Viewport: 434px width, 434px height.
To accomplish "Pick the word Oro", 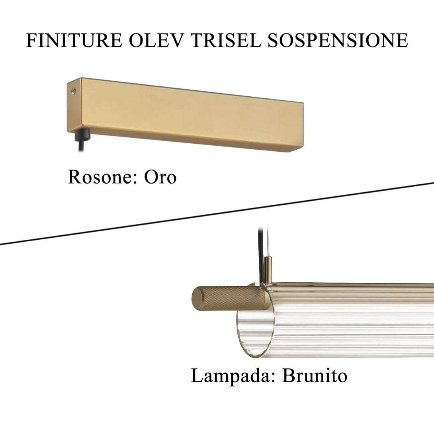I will coord(160,177).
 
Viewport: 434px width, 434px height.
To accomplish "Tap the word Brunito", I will coord(315,376).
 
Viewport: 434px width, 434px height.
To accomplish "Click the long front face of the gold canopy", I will coord(191,115).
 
